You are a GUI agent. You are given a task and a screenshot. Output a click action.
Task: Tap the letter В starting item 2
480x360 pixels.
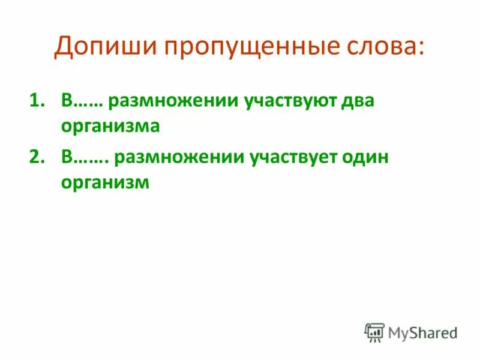coord(67,157)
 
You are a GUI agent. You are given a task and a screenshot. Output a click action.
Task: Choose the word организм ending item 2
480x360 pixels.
coord(104,184)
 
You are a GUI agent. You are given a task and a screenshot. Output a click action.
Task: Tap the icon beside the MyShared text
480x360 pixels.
coord(374,332)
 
